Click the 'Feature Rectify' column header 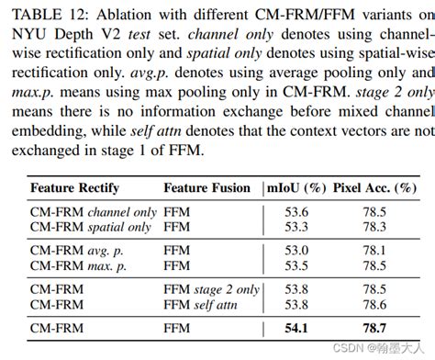pos(75,188)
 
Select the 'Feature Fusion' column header pos(206,188)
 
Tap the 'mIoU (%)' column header pos(296,188)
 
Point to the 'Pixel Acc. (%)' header pos(376,188)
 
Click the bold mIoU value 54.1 pos(296,327)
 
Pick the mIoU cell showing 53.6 pos(296,211)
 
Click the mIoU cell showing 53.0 pos(296,251)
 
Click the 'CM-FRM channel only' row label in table pos(93,211)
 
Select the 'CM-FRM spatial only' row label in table pos(92,226)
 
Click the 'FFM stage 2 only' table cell pos(211,289)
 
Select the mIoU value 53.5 pos(296,265)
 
